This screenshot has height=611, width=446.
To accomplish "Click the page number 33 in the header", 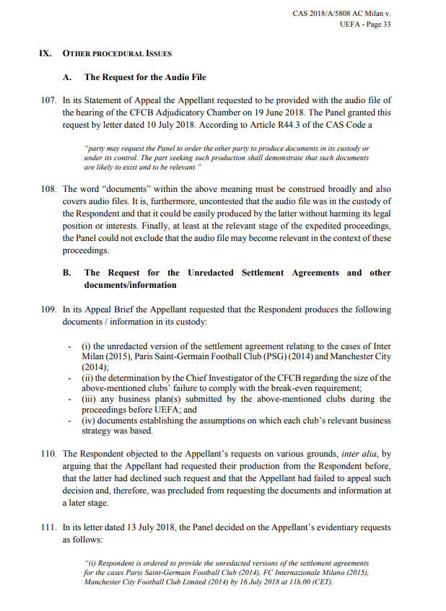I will (385, 24).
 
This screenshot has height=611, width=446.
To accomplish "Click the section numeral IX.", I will (45, 53).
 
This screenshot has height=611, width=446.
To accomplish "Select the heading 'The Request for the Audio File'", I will (145, 76).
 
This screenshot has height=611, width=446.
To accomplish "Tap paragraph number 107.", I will (49, 100).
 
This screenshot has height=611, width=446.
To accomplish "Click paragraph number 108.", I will (49, 188).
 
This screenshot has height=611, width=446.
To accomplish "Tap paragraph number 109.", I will (49, 309).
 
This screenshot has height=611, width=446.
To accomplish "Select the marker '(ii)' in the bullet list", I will (87, 378).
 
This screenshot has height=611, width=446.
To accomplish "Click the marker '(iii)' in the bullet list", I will (89, 398).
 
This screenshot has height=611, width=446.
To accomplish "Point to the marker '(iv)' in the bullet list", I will (89, 421).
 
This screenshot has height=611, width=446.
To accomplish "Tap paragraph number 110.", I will (49, 454).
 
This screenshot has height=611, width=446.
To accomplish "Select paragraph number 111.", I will (49, 527).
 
